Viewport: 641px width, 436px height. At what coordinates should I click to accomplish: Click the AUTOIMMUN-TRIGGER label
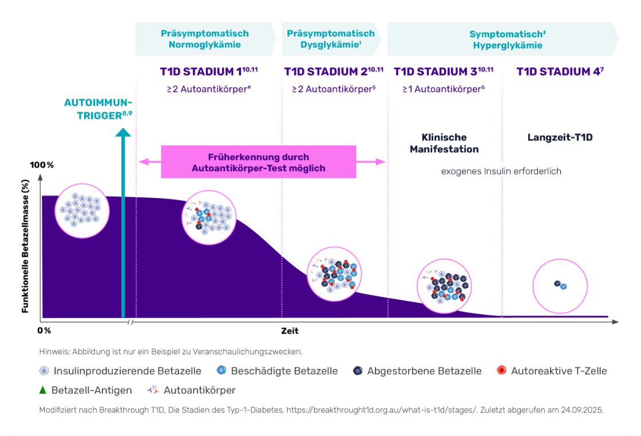click(x=98, y=109)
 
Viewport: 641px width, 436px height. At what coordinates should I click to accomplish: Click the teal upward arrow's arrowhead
click(x=123, y=132)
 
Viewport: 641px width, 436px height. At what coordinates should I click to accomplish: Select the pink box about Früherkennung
click(x=258, y=162)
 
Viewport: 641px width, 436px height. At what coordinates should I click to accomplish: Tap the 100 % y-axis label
click(x=42, y=165)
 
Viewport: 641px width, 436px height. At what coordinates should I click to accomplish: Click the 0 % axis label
click(x=44, y=331)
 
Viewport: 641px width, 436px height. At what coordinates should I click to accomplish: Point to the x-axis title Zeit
click(x=290, y=331)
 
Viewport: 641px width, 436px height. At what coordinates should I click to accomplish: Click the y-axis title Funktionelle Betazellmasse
click(x=25, y=247)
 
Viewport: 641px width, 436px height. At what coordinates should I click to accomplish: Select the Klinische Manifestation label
click(x=444, y=143)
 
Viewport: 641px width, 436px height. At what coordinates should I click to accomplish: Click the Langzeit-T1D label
click(x=560, y=137)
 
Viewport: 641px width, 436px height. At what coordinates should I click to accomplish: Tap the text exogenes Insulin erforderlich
click(x=501, y=171)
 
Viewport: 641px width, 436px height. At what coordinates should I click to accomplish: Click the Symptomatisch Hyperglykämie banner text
click(x=508, y=39)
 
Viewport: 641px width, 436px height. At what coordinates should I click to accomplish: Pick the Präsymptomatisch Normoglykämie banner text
click(x=205, y=39)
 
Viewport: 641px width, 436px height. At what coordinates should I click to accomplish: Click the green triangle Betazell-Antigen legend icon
click(x=42, y=390)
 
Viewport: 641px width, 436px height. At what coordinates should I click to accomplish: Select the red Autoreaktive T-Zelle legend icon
click(x=501, y=370)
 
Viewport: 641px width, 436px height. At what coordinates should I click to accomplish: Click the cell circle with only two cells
click(x=560, y=286)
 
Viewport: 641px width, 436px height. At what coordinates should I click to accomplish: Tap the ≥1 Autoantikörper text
click(x=444, y=89)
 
